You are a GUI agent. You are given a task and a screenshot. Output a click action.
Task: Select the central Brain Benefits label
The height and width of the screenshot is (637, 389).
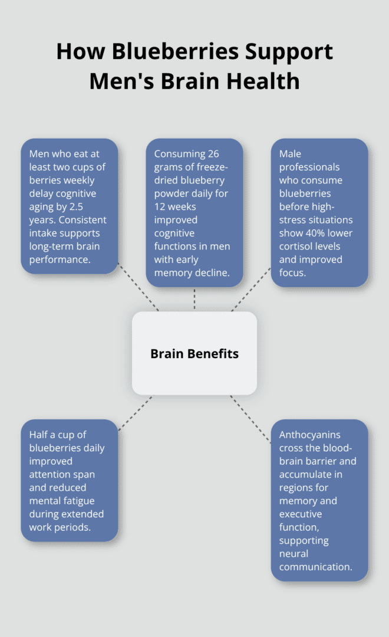coord(194,354)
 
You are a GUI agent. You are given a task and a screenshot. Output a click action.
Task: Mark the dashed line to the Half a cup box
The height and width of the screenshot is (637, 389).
coord(135,413)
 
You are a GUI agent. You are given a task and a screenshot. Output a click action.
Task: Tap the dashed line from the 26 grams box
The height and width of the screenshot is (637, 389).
coord(194,299)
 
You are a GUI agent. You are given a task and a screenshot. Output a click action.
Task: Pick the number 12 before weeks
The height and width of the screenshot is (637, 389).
coord(161,206)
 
